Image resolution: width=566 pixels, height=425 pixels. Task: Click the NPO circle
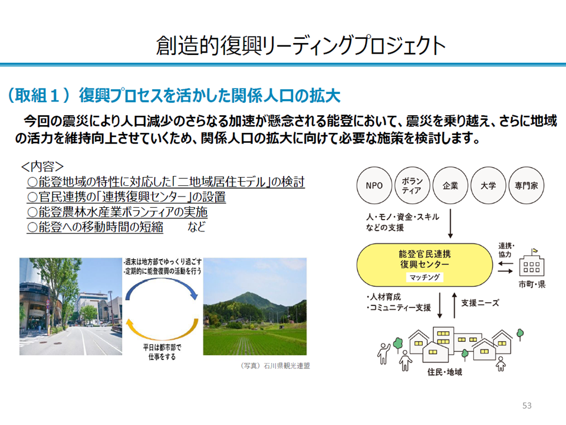pyautogui.click(x=374, y=185)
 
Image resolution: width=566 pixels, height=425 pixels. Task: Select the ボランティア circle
pyautogui.click(x=412, y=185)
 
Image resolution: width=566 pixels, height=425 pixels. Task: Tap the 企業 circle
pyautogui.click(x=450, y=185)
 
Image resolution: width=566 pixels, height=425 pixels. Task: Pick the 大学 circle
pyautogui.click(x=488, y=185)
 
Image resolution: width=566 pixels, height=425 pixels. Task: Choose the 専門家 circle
pyautogui.click(x=526, y=185)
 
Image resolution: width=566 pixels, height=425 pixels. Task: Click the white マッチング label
pyautogui.click(x=424, y=277)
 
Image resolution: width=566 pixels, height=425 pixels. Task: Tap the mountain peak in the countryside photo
pyautogui.click(x=246, y=293)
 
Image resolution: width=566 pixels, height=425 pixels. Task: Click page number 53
pyautogui.click(x=526, y=406)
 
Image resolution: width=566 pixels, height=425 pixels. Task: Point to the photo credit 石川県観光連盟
pyautogui.click(x=287, y=366)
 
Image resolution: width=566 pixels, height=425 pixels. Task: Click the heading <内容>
pyautogui.click(x=42, y=166)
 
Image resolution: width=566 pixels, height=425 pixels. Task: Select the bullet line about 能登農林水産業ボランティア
pyautogui.click(x=117, y=212)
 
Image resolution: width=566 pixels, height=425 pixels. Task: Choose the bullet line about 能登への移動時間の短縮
pyautogui.click(x=95, y=227)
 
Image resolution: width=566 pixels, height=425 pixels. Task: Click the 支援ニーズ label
pyautogui.click(x=480, y=303)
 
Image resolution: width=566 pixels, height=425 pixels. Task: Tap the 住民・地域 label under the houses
pyautogui.click(x=445, y=372)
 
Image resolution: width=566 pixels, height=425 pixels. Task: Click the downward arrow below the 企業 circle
pyautogui.click(x=450, y=224)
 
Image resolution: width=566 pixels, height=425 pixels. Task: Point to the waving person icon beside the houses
pyautogui.click(x=383, y=353)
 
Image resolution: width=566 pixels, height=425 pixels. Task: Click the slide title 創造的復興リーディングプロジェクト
pyautogui.click(x=301, y=46)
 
